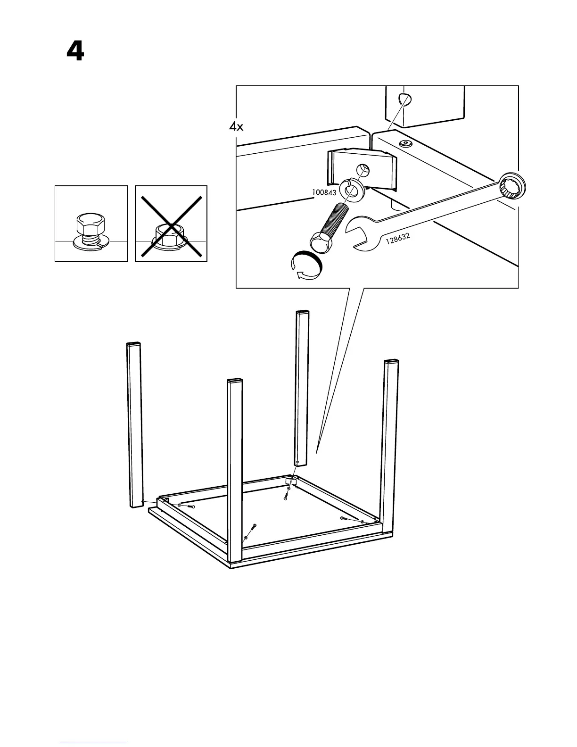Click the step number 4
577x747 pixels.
click(75, 51)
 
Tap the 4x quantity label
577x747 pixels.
click(236, 126)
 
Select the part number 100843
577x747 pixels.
click(324, 192)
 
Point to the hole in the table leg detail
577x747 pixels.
click(404, 100)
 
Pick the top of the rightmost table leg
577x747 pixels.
click(391, 362)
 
